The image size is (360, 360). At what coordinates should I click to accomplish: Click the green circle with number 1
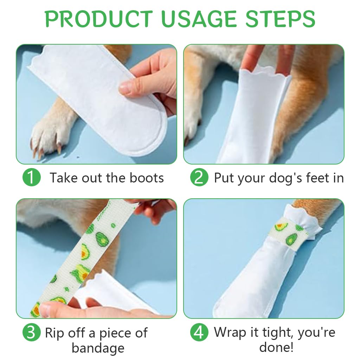(x=31, y=178)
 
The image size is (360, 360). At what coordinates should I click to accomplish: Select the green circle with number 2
(x=199, y=178)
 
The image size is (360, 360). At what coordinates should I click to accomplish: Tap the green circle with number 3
(x=31, y=332)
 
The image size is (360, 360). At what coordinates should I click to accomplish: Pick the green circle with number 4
(x=199, y=332)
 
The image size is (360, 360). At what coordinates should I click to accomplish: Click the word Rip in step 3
(x=55, y=333)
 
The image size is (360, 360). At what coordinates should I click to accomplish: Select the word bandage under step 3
(x=98, y=348)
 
